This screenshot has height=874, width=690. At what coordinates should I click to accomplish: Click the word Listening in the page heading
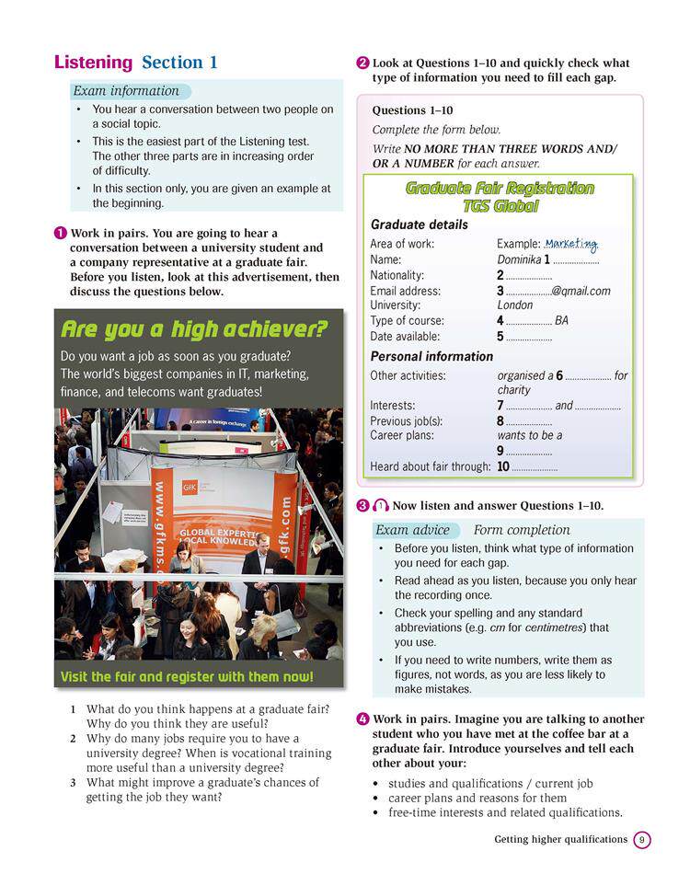(93, 63)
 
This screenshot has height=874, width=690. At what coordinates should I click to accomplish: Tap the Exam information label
(126, 91)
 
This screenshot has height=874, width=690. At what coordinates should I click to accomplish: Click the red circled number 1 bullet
(60, 234)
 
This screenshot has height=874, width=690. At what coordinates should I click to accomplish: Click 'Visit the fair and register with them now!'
(187, 677)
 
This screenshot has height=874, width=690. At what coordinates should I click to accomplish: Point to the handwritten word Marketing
(570, 244)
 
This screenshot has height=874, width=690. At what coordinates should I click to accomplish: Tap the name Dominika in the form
(519, 259)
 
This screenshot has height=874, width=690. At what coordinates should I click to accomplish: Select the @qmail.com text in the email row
(581, 291)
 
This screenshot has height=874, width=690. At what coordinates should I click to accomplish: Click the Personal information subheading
(431, 356)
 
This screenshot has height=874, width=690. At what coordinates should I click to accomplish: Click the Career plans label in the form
(401, 435)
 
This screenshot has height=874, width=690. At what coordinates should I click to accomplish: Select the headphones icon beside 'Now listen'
(380, 505)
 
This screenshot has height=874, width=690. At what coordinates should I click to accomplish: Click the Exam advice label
(412, 530)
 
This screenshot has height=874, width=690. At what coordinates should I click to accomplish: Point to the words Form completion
(522, 530)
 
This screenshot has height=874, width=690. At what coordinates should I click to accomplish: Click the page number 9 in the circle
(642, 839)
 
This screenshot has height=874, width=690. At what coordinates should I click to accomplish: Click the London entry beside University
(514, 305)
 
